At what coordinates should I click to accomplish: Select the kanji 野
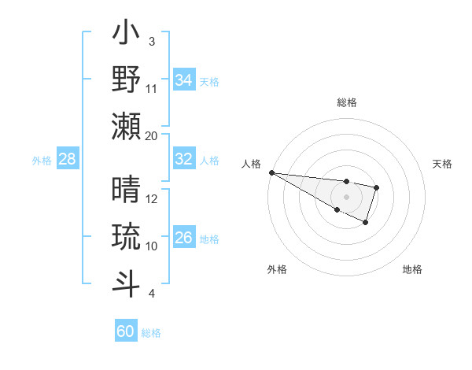click(127, 80)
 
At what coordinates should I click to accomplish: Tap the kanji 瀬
click(127, 126)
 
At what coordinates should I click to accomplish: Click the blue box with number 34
click(184, 80)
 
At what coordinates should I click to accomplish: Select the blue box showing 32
click(184, 159)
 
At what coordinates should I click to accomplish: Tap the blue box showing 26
click(184, 238)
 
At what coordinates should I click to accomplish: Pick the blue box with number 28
click(68, 159)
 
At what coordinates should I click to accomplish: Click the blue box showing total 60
click(126, 331)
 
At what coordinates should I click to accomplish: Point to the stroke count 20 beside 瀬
click(152, 135)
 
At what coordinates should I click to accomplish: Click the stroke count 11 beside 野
click(152, 88)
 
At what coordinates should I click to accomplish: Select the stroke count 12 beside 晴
click(152, 199)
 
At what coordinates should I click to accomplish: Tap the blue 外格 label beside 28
click(42, 160)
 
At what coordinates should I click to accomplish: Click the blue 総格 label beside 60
click(151, 332)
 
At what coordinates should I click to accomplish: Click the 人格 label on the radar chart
click(251, 164)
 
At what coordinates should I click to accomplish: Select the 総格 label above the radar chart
click(346, 102)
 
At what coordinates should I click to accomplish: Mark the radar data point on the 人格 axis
click(271, 172)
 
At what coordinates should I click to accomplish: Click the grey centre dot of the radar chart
click(346, 196)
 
